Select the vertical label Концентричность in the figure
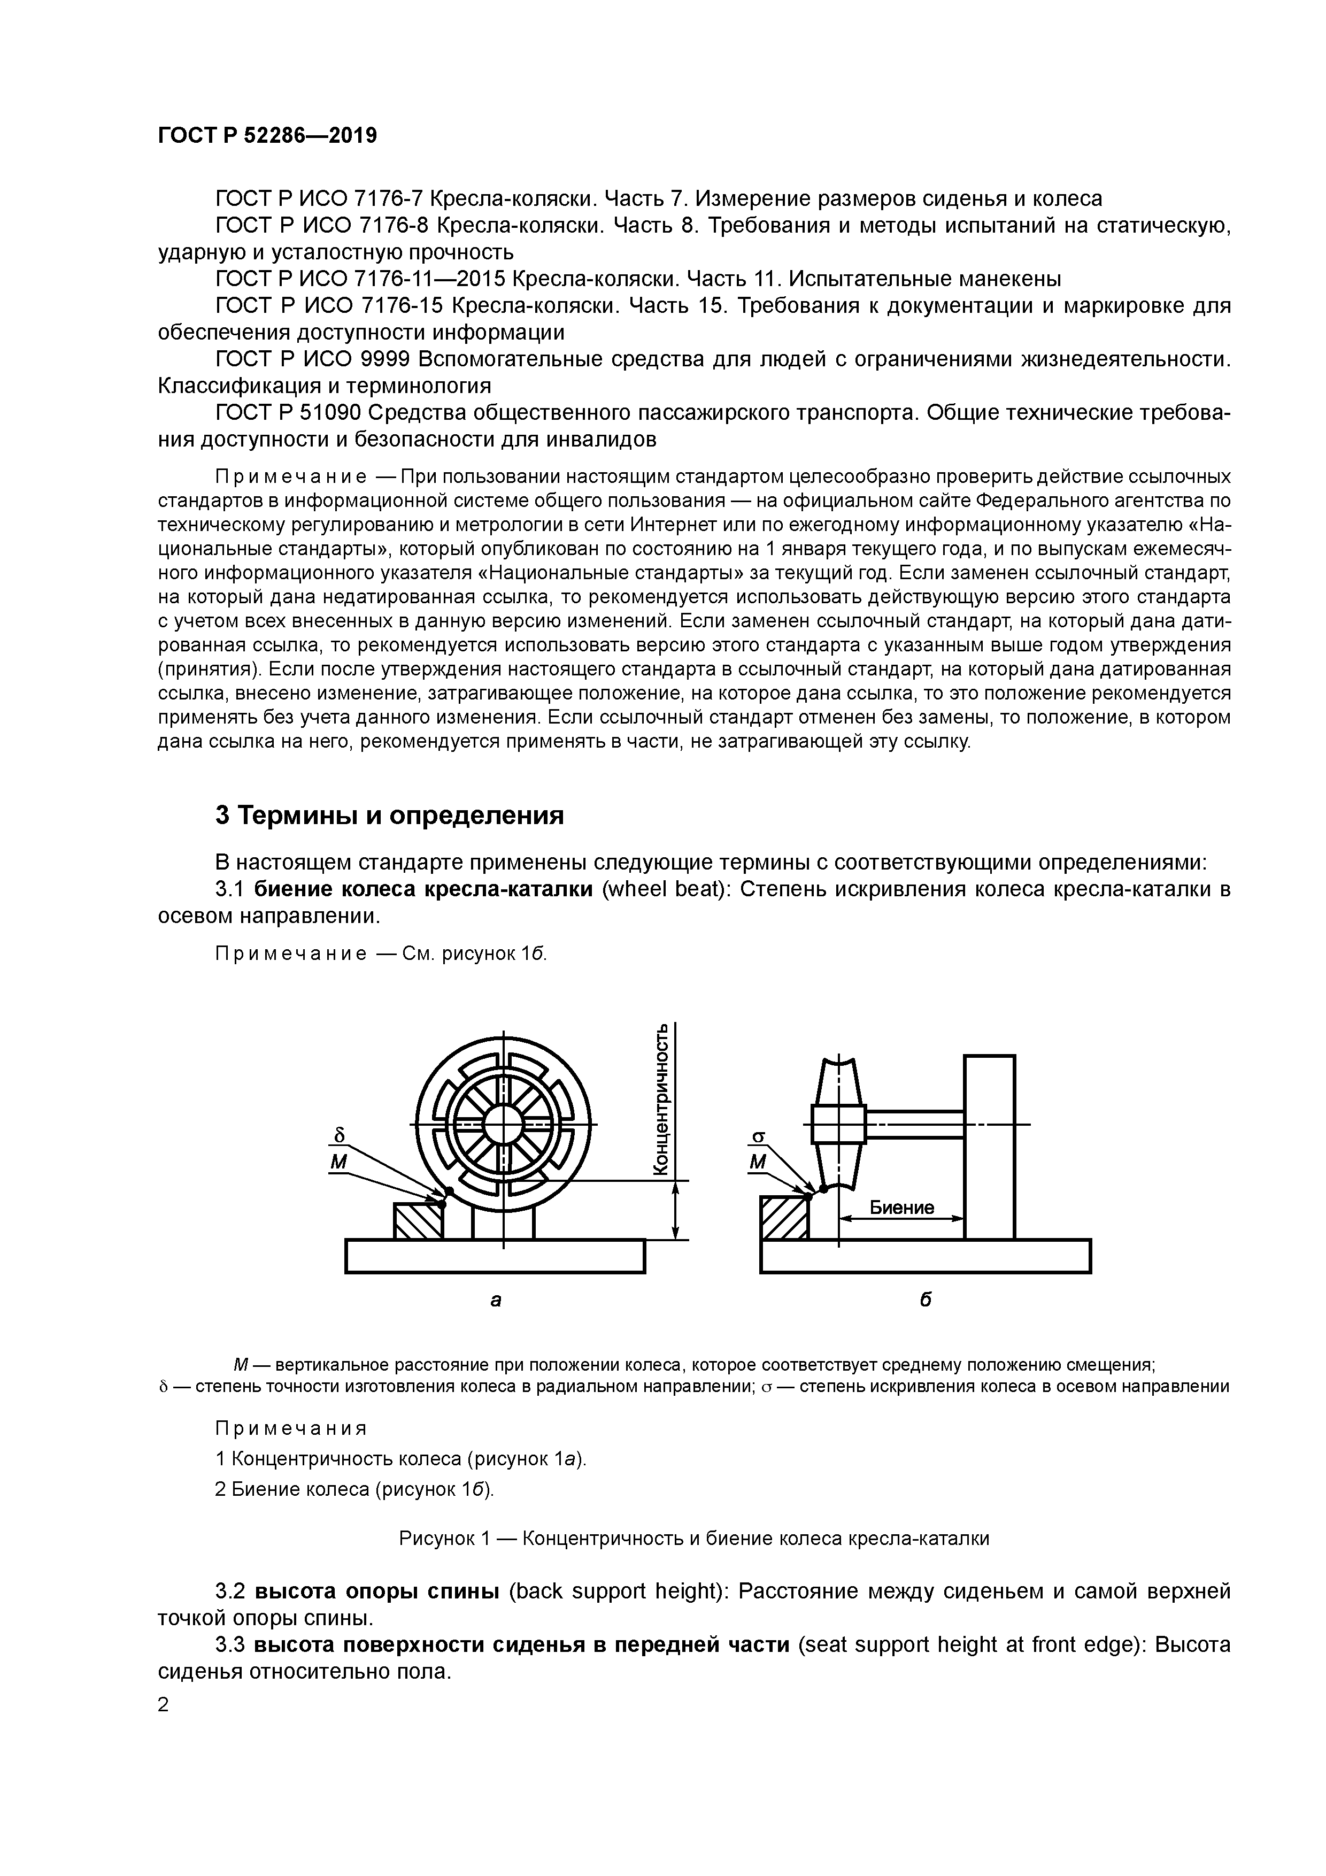pyautogui.click(x=667, y=1101)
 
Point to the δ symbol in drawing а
pyautogui.click(x=340, y=1136)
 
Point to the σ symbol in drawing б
pyautogui.click(x=757, y=1136)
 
